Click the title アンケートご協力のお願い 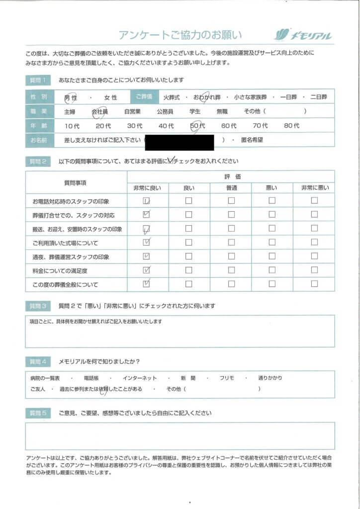180,35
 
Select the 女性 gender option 110,98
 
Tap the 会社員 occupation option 99,112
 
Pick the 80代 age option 291,126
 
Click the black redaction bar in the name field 180,143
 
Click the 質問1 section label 40,80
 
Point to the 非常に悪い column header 314,188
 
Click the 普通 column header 231,188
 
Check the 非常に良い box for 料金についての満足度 147,271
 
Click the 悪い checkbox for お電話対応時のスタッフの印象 272,201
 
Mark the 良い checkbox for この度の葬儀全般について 189,284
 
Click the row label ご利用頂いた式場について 66,243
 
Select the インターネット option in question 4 141,378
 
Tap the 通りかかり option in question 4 270,378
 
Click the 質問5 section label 40,413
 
